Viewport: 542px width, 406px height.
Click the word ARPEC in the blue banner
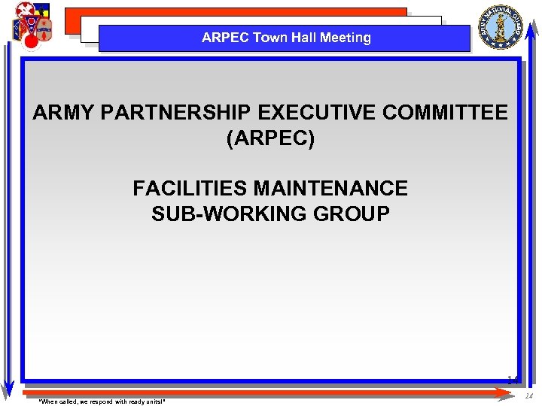[x=225, y=38]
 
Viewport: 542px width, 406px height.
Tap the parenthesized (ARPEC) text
[x=270, y=139]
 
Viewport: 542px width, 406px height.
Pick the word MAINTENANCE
[x=332, y=188]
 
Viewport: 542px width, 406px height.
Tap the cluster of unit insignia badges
[x=32, y=26]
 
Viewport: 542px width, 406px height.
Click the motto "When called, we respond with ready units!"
[x=102, y=401]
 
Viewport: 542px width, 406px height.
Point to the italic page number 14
[x=528, y=396]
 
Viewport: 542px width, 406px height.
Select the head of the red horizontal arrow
[x=513, y=391]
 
